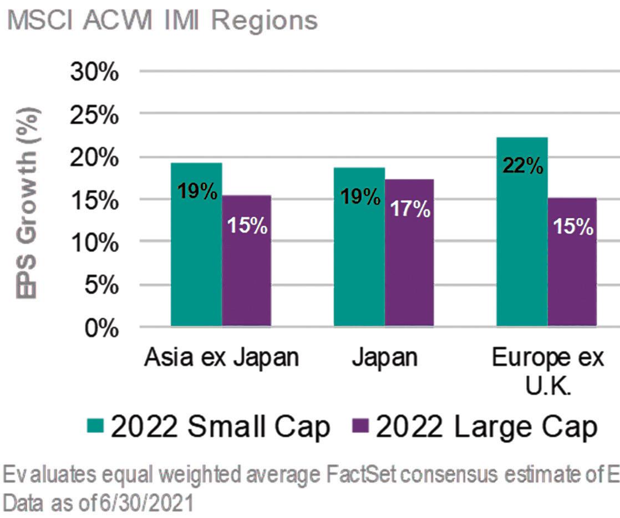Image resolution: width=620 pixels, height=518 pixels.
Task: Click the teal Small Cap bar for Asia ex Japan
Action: click(196, 244)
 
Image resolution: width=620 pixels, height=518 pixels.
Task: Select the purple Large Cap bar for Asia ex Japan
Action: click(246, 260)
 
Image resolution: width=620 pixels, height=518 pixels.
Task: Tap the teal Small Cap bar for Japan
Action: click(359, 247)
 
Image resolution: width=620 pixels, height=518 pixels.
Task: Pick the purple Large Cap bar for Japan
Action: click(409, 253)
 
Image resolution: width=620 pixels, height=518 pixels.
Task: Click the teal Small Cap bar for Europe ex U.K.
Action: click(522, 232)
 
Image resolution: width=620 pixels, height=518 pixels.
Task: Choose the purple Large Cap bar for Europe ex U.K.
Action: click(572, 261)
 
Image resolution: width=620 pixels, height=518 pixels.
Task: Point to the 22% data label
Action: click(523, 165)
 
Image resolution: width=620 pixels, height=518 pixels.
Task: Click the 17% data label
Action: click(410, 209)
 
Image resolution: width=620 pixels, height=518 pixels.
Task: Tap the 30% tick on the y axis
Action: click(94, 72)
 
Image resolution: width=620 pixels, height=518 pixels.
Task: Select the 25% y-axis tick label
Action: click(94, 115)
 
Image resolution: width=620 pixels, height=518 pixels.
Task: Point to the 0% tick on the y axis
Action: click(101, 329)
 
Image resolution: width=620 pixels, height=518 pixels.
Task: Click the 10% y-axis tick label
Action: click(95, 243)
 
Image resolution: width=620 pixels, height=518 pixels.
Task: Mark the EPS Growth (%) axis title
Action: click(27, 203)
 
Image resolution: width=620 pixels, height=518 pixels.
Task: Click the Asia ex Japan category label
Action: click(221, 358)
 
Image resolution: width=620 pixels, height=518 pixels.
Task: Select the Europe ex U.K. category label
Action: click(548, 371)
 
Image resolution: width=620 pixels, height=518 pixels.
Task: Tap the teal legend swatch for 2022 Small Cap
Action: click(95, 426)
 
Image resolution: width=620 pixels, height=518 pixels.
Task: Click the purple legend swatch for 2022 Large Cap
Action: click(360, 426)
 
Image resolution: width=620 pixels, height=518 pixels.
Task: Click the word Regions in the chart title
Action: click(265, 21)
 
